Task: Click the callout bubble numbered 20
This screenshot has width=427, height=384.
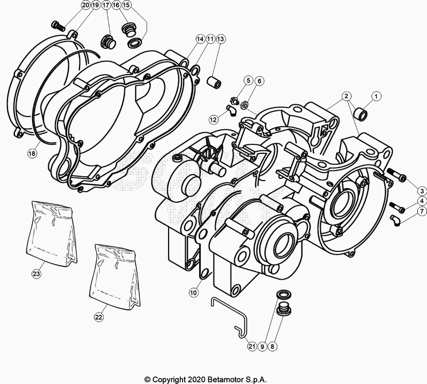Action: [x=85, y=5]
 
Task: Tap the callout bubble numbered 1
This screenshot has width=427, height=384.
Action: [x=376, y=96]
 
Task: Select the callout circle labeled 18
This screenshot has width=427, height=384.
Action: [x=32, y=153]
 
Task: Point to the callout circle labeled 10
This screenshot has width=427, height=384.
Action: [x=194, y=293]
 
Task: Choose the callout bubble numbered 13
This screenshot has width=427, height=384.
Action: [x=220, y=39]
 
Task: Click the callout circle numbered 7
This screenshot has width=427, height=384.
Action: [x=422, y=210]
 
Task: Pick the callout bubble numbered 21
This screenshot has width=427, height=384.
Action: [x=252, y=346]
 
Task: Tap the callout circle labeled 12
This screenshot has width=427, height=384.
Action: [x=213, y=119]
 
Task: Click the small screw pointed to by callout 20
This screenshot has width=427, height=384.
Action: [x=58, y=26]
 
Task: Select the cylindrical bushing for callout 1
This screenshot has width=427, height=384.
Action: [x=361, y=114]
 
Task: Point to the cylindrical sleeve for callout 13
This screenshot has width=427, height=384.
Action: [x=215, y=82]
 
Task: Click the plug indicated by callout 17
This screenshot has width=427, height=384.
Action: [x=109, y=42]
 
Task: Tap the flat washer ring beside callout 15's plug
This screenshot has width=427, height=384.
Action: [x=135, y=43]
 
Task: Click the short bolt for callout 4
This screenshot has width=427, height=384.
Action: [x=397, y=207]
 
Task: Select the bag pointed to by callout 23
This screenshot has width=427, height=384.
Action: [x=52, y=232]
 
